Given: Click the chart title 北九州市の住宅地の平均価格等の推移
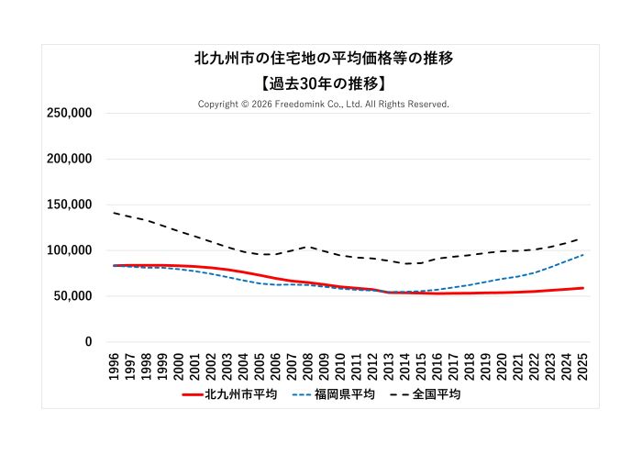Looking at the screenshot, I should (x=324, y=58).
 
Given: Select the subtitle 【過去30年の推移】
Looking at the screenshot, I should (x=324, y=83).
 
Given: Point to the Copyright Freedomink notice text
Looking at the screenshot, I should (x=324, y=105).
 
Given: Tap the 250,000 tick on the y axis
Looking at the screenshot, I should (x=69, y=113).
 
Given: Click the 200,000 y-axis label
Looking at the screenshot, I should (x=69, y=159).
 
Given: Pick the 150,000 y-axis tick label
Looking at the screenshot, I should (x=69, y=205).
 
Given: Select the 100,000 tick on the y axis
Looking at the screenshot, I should (x=69, y=250).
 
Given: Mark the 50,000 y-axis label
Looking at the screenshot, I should (x=72, y=296).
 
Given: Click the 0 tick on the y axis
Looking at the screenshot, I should (x=88, y=342).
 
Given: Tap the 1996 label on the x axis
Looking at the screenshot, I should (x=114, y=364).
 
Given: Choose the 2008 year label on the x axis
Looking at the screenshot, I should (x=307, y=364).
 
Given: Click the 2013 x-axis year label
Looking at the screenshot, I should (x=388, y=364).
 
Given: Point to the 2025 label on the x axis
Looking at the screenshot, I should (x=582, y=364).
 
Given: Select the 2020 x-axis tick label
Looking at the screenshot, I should (x=502, y=364).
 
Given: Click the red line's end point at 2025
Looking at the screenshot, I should (x=582, y=288).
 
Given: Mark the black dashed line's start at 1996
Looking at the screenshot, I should (x=114, y=213).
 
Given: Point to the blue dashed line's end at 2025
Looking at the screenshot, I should (x=582, y=255).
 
